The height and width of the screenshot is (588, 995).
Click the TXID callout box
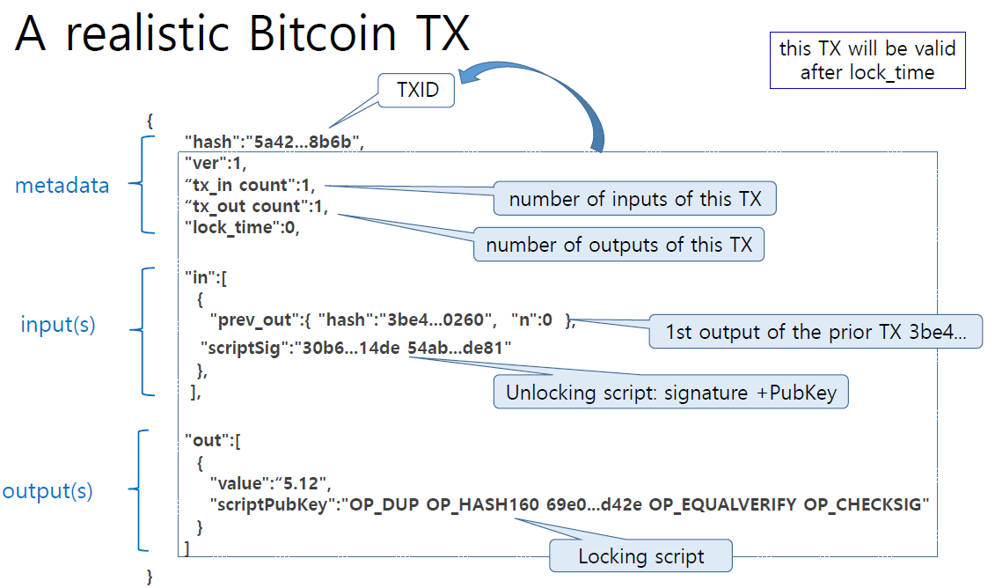417,91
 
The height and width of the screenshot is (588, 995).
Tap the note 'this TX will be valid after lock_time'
867,61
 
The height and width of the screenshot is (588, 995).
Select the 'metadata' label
62,185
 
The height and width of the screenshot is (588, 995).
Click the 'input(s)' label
58,325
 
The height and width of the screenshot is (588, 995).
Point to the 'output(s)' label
48,490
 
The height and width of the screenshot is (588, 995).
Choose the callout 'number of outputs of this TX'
618,245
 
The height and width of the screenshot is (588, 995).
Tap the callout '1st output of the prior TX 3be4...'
815,333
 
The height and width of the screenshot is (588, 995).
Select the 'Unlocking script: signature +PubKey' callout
671,393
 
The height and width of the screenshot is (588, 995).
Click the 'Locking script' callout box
640,556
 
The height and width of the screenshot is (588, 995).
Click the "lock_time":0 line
243,227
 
